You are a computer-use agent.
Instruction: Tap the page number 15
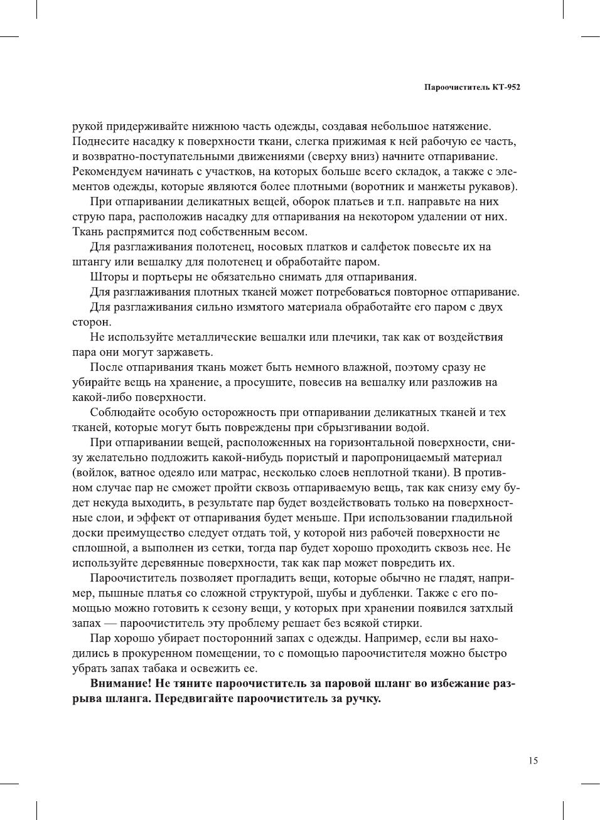tap(533, 760)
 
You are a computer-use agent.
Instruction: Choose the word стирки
tap(403, 623)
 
